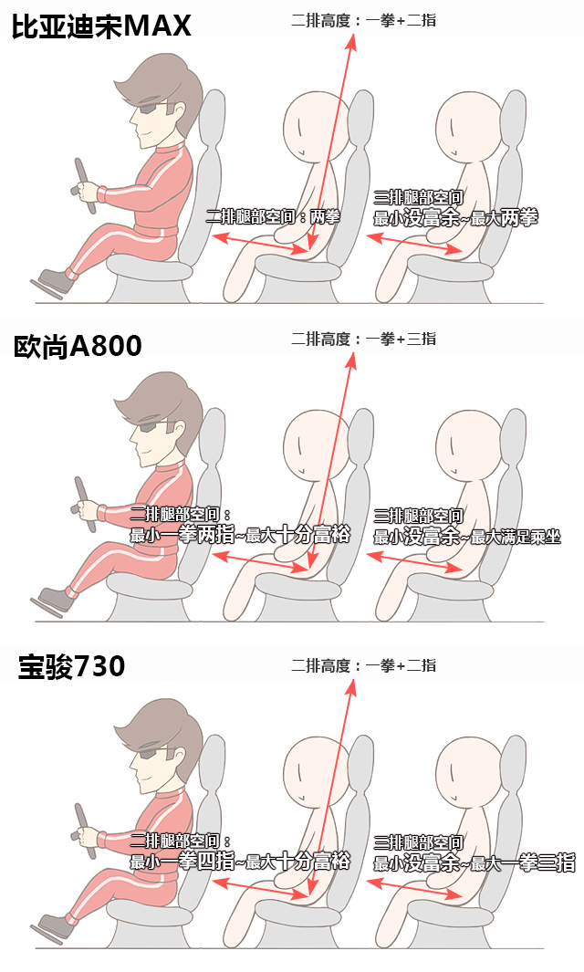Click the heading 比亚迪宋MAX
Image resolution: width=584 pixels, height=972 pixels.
(x=101, y=26)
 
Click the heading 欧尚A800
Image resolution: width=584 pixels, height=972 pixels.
(x=78, y=347)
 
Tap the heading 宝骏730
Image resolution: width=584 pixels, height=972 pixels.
(x=71, y=666)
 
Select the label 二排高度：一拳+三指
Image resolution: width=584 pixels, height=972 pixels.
(x=364, y=340)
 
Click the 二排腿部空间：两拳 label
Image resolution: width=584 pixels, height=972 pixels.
(x=274, y=216)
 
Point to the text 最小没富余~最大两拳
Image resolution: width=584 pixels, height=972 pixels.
(x=455, y=218)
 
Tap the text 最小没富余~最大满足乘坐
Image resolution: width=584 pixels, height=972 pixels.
(x=467, y=537)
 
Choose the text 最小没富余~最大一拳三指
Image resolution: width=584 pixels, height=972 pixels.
(x=474, y=862)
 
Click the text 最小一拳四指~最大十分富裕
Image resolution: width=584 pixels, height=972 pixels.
(x=240, y=861)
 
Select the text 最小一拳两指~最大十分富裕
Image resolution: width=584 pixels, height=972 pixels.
(x=240, y=534)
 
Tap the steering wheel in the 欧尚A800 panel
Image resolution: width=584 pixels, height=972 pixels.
(x=85, y=505)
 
